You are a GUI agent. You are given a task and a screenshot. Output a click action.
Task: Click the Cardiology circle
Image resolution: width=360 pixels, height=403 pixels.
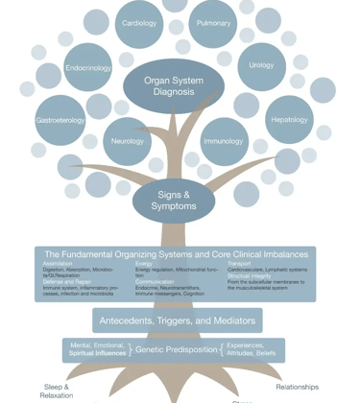[x=139, y=24]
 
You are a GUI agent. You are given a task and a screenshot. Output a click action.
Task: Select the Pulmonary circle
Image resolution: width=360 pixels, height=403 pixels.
[x=213, y=24]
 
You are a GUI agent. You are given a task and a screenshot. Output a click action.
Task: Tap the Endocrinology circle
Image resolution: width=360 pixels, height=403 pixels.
[x=88, y=68]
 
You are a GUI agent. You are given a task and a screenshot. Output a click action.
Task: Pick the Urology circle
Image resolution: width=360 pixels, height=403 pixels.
[x=261, y=66]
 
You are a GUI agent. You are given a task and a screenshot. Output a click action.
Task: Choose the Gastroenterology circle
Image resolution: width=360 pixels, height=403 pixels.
[x=60, y=121]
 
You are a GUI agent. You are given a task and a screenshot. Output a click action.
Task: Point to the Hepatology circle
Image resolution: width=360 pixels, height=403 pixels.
[x=289, y=120]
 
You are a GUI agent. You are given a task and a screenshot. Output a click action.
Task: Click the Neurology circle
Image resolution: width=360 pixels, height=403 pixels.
[x=127, y=141]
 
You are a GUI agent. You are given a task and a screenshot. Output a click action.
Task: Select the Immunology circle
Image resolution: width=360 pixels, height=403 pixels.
[x=224, y=142]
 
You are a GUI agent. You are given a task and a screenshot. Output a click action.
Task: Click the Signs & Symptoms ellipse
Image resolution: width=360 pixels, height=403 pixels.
[x=174, y=201]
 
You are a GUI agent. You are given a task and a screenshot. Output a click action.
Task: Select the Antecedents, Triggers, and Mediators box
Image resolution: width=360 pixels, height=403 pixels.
[x=178, y=320]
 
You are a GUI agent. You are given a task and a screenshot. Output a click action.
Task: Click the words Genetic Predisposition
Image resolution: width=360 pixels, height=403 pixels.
[x=176, y=350]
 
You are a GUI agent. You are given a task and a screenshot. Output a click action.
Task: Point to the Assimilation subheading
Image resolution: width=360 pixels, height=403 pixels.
[x=58, y=264]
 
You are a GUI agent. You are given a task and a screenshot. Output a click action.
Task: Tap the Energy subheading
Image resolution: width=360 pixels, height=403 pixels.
[x=144, y=264]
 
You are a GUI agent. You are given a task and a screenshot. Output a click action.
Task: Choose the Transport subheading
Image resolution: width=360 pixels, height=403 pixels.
[x=240, y=264]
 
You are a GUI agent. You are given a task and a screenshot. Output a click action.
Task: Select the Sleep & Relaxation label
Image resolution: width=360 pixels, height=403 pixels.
[x=57, y=391]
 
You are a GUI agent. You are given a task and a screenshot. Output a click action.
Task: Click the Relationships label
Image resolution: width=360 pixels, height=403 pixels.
[x=297, y=387]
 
